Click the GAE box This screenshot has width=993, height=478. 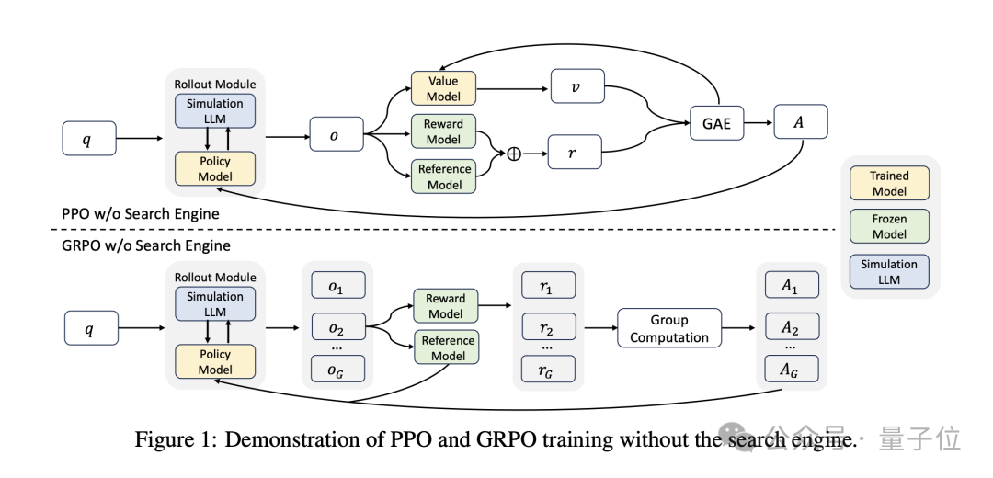716,123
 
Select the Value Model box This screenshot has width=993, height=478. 443,88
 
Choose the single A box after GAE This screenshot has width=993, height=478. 800,121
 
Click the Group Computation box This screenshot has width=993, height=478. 668,328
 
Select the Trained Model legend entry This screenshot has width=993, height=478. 889,183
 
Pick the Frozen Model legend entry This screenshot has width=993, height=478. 889,227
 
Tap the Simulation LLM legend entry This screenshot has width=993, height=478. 889,271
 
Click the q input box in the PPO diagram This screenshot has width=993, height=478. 89,140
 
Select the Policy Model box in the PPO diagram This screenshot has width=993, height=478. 214,169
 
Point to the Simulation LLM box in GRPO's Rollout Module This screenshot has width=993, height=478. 214,304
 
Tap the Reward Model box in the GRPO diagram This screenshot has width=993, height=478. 445,306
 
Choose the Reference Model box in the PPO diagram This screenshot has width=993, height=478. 444,176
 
